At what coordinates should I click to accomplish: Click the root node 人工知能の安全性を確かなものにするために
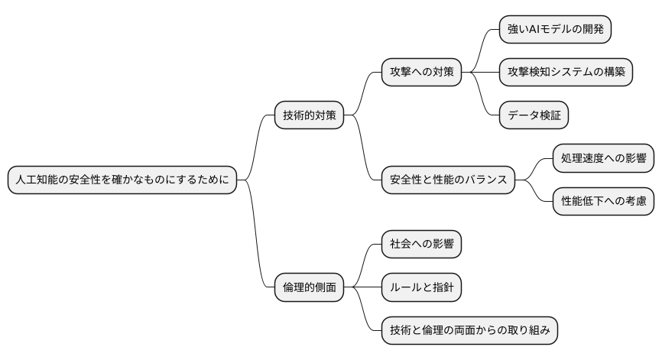(122, 180)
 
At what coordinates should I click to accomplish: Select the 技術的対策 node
(309, 116)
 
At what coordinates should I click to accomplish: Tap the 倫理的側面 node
(309, 288)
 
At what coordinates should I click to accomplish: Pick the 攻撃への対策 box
(422, 73)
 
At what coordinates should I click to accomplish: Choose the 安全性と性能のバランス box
(448, 180)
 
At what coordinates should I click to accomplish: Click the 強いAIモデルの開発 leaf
(555, 30)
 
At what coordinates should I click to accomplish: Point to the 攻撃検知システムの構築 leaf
(566, 73)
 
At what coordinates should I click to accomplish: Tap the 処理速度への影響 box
(604, 159)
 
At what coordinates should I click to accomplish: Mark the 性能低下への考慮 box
(604, 202)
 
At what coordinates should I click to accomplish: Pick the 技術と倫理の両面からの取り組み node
(470, 331)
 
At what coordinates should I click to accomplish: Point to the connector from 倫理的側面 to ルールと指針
(362, 288)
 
